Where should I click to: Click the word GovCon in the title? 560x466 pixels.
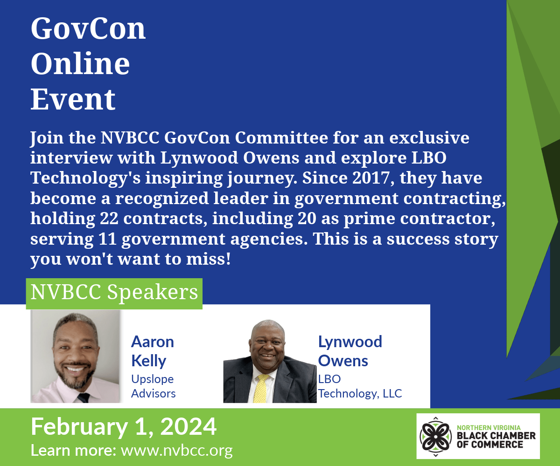[x=88, y=28]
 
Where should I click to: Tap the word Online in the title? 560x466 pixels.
[x=80, y=64]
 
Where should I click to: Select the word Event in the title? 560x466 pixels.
[x=73, y=99]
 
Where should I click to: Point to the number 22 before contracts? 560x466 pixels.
[x=109, y=218]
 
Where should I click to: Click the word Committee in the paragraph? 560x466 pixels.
[x=281, y=137]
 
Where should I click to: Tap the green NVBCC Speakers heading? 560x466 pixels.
[x=114, y=294]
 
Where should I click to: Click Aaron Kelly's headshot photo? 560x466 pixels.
[x=75, y=356]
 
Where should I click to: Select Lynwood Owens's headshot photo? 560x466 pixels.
[x=270, y=361]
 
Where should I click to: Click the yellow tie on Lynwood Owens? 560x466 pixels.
[x=260, y=388]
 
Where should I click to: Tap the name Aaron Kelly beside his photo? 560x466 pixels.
[x=153, y=351]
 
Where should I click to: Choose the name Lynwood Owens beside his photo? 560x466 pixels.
[x=350, y=351]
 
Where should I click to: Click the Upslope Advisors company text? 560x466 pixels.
[x=154, y=386]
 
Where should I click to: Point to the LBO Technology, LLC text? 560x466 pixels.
[x=360, y=386]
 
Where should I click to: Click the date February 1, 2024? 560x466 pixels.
[x=124, y=427]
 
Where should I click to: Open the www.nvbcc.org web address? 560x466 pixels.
[x=177, y=451]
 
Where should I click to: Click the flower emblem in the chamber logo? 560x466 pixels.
[x=435, y=437]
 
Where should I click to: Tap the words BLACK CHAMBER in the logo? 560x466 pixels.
[x=496, y=436]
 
